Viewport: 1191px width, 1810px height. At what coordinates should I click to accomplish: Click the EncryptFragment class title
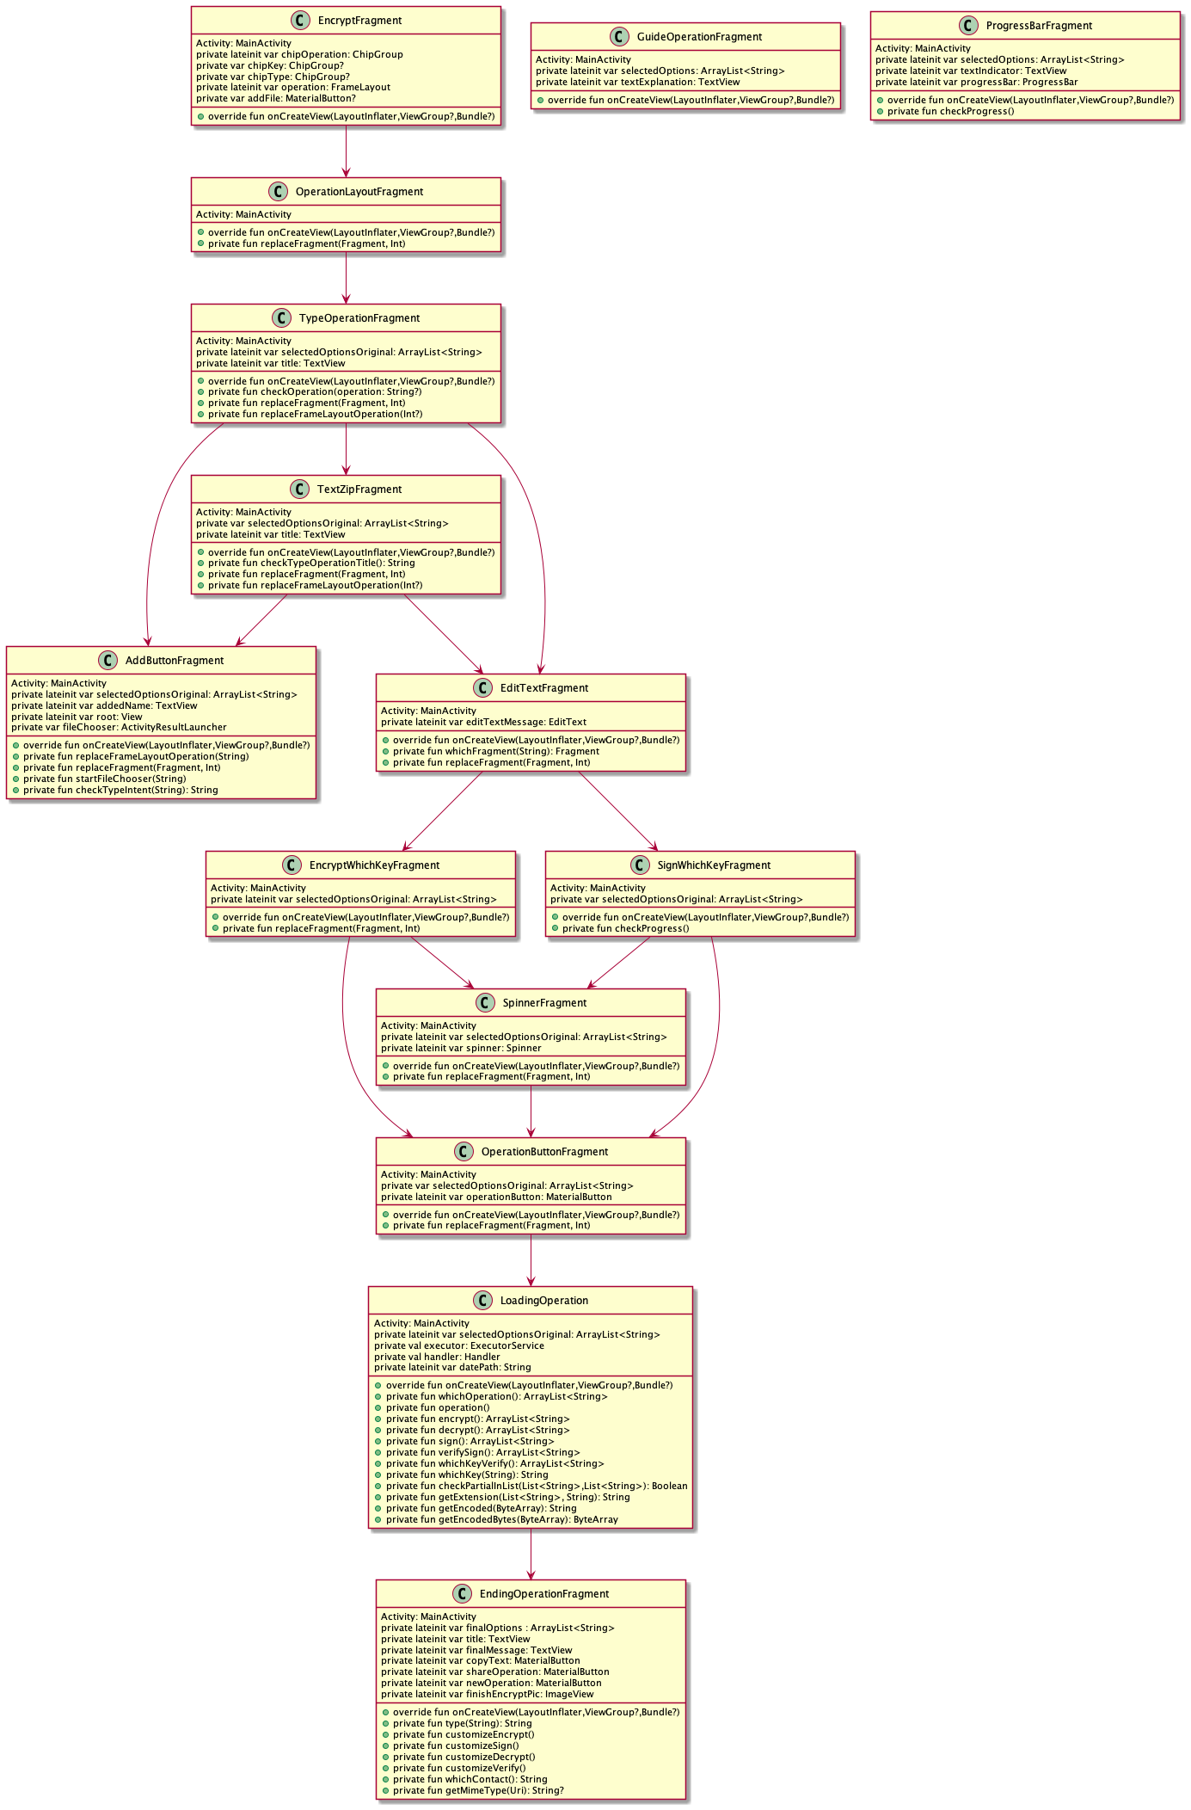coord(359,21)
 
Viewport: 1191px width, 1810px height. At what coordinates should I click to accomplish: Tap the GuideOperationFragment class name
coord(699,37)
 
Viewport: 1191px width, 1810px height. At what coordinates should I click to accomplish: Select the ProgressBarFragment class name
coord(1039,26)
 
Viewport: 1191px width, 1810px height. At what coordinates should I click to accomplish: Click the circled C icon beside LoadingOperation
coord(482,1300)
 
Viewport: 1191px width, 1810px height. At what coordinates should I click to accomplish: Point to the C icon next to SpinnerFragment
coord(485,1002)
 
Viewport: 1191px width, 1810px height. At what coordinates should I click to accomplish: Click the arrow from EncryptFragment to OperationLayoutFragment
coord(347,151)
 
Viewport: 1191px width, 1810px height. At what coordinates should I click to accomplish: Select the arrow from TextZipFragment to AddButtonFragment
coord(261,620)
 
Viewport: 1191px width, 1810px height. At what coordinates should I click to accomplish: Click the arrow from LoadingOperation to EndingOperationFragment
coord(531,1554)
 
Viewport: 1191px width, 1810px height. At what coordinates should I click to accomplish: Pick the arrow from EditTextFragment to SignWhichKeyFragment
coord(617,810)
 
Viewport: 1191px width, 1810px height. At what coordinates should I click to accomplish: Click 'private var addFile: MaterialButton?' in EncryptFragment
coord(275,98)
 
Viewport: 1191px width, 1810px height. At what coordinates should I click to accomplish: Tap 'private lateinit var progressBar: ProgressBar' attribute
coord(976,82)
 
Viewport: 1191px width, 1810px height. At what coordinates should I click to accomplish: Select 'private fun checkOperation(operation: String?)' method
coord(314,391)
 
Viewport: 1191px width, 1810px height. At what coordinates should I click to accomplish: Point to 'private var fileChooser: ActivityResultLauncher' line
coord(119,727)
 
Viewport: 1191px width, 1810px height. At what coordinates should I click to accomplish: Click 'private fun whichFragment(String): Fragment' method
coord(495,751)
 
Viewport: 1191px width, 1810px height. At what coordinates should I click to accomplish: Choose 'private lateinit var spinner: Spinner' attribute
coord(461,1048)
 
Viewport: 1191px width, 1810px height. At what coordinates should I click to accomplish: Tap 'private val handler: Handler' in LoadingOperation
coord(437,1357)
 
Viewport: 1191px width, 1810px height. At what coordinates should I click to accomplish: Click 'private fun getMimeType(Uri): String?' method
coord(478,1790)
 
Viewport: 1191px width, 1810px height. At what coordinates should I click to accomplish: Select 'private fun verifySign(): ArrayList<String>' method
coord(482,1452)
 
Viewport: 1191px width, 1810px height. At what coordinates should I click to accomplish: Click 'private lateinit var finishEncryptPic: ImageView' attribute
coord(487,1694)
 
